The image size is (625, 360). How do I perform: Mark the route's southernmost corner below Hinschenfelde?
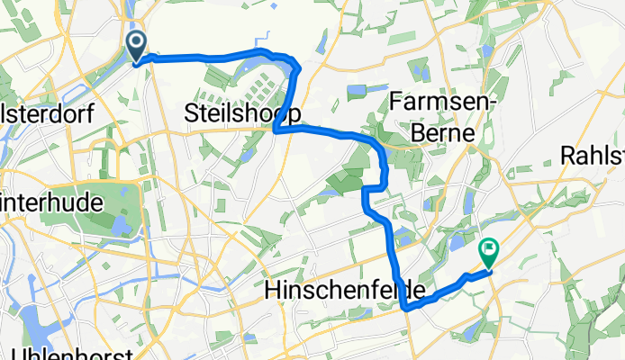(x=406, y=309)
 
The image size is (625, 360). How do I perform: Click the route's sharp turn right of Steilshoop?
(x=275, y=130)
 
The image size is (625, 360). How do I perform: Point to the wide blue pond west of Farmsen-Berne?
(x=358, y=91)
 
